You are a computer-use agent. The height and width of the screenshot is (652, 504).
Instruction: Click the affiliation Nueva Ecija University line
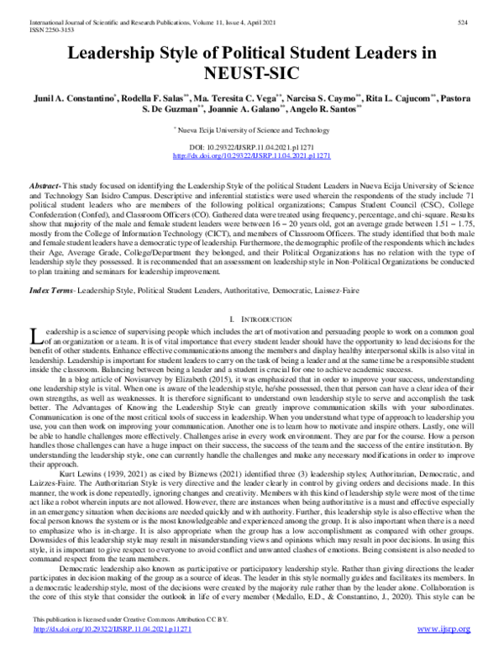pyautogui.click(x=252, y=131)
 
